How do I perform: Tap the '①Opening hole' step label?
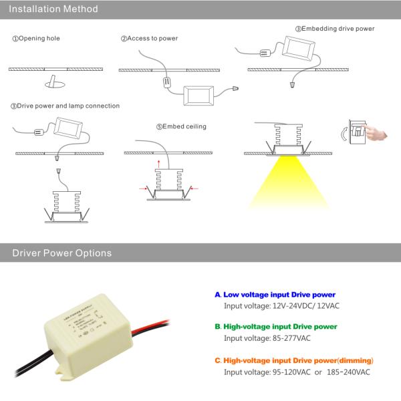(36, 39)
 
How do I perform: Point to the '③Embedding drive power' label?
(334, 29)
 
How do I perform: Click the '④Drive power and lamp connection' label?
(65, 106)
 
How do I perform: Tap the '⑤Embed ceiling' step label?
(181, 126)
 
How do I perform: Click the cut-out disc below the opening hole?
(54, 83)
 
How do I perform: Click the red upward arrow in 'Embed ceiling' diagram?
(158, 162)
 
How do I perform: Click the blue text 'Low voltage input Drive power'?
(279, 295)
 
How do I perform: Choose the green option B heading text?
(279, 327)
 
